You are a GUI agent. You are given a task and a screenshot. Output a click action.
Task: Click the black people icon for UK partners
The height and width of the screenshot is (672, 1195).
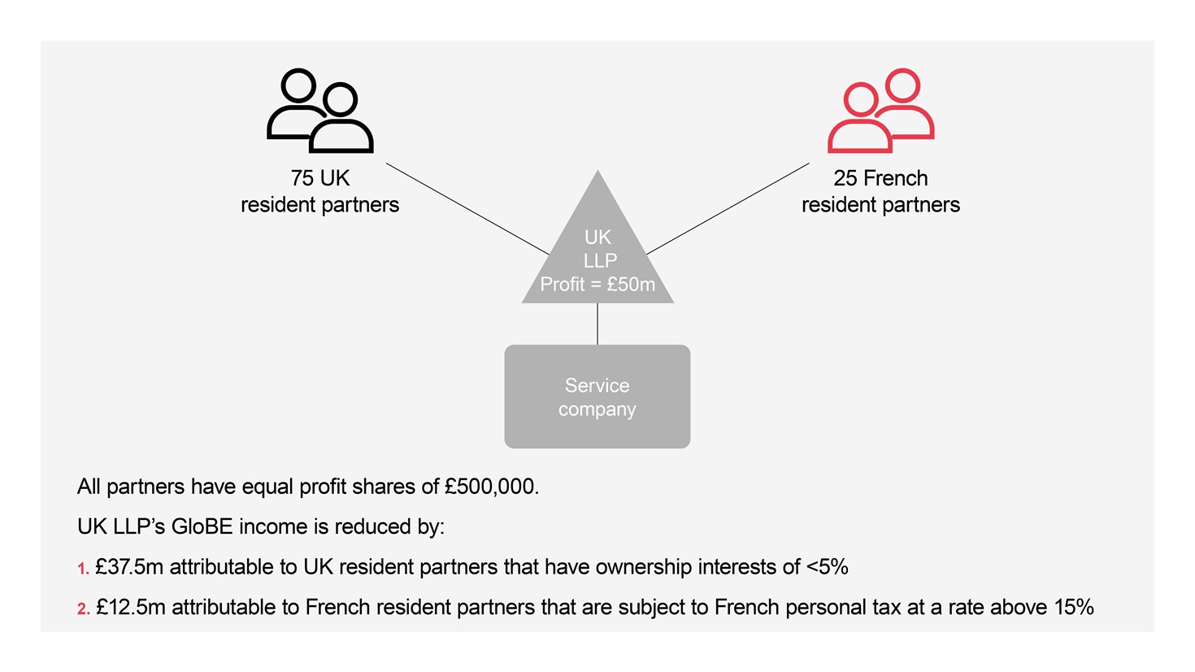tap(320, 111)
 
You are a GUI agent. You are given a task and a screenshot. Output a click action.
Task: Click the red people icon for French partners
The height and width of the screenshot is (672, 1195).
tap(880, 111)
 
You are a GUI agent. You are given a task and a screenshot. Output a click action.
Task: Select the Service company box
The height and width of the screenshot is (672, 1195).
tap(597, 397)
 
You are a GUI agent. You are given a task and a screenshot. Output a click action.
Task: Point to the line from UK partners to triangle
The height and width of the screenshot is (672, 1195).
tap(467, 208)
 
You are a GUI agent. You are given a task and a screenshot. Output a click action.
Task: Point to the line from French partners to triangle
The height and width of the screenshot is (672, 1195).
tap(728, 208)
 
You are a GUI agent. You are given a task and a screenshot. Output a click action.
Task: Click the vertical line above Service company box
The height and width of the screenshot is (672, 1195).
tap(597, 324)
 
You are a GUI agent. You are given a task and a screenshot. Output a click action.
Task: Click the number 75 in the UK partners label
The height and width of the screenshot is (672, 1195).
tap(302, 178)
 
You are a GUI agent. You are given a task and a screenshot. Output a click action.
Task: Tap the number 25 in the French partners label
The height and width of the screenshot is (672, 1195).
tap(845, 178)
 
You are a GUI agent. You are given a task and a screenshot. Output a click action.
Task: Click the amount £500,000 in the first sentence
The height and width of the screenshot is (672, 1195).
tap(490, 487)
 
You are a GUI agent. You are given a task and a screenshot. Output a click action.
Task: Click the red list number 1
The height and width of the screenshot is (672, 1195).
tap(83, 569)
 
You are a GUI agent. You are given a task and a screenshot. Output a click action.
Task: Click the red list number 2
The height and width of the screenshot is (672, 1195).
tap(83, 609)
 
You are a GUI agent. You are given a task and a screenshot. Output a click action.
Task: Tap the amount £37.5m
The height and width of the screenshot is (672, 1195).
tap(129, 567)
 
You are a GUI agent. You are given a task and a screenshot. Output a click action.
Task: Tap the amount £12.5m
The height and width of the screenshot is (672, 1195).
tap(130, 608)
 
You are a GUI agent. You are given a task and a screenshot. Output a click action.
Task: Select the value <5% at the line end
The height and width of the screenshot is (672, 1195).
tap(827, 567)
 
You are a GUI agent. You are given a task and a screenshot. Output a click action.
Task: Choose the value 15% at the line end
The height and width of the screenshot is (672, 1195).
tap(1073, 608)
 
